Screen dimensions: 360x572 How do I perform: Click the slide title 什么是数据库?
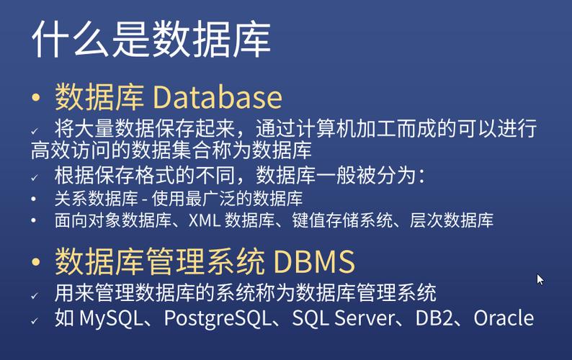pyautogui.click(x=151, y=40)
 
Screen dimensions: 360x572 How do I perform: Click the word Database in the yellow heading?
pyautogui.click(x=217, y=97)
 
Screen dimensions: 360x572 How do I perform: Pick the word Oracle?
pyautogui.click(x=504, y=318)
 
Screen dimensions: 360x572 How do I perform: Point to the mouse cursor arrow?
pyautogui.click(x=540, y=279)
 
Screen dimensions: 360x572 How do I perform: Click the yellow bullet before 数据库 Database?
pyautogui.click(x=36, y=98)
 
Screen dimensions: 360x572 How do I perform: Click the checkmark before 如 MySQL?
pyautogui.click(x=35, y=319)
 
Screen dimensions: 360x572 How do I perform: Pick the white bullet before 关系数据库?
pyautogui.click(x=35, y=199)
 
